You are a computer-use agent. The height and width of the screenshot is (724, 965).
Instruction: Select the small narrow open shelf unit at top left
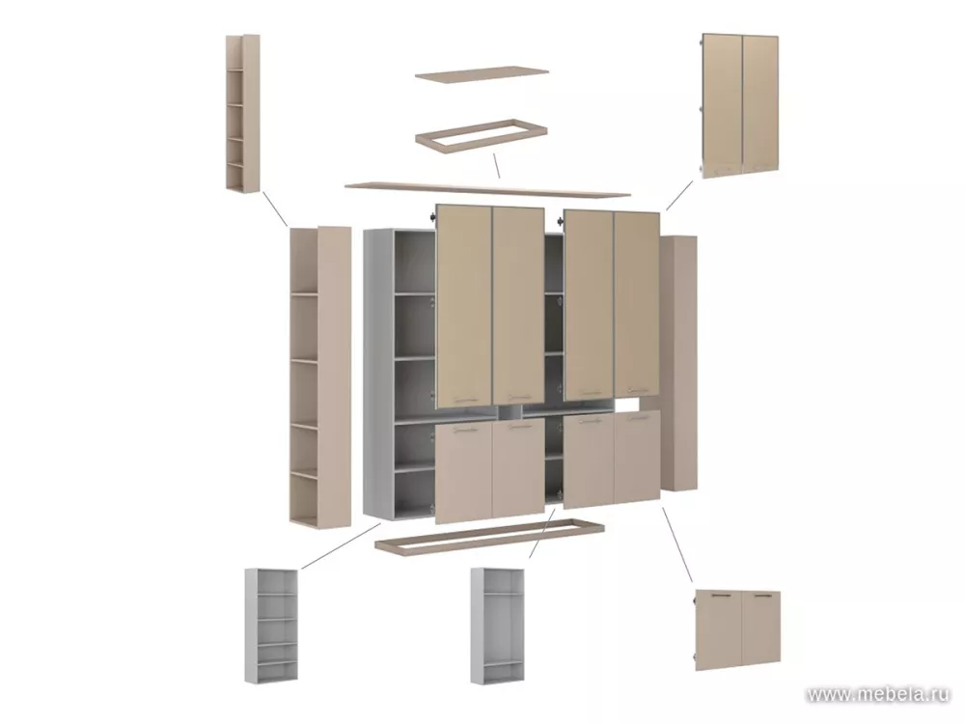point(242,113)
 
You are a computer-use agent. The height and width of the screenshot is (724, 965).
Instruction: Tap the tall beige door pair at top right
point(740,103)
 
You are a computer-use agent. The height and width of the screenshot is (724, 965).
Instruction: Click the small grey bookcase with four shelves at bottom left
point(271,626)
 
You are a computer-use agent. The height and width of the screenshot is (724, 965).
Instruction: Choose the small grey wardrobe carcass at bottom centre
point(497,626)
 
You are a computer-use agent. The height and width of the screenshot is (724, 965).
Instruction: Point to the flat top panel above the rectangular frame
point(482,74)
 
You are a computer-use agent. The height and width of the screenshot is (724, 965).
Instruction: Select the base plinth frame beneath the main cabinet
point(489,536)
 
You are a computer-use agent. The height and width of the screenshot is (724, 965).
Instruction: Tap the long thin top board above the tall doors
point(487,188)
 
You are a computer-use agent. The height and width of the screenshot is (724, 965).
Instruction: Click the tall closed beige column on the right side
point(678,363)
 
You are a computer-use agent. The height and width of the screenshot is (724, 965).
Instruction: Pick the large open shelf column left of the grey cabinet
point(320,376)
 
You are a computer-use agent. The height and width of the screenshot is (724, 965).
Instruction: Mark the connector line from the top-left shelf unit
point(274,209)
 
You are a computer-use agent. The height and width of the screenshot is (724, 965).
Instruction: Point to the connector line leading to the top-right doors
point(679,195)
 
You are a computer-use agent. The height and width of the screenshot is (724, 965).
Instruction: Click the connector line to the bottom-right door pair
point(677,544)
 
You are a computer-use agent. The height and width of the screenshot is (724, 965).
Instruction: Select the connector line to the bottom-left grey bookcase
point(341,546)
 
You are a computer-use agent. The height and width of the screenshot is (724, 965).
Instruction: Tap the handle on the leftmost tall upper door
point(466,399)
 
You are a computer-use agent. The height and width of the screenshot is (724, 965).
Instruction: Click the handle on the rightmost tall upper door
point(639,391)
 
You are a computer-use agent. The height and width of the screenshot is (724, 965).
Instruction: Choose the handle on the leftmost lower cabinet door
point(466,431)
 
